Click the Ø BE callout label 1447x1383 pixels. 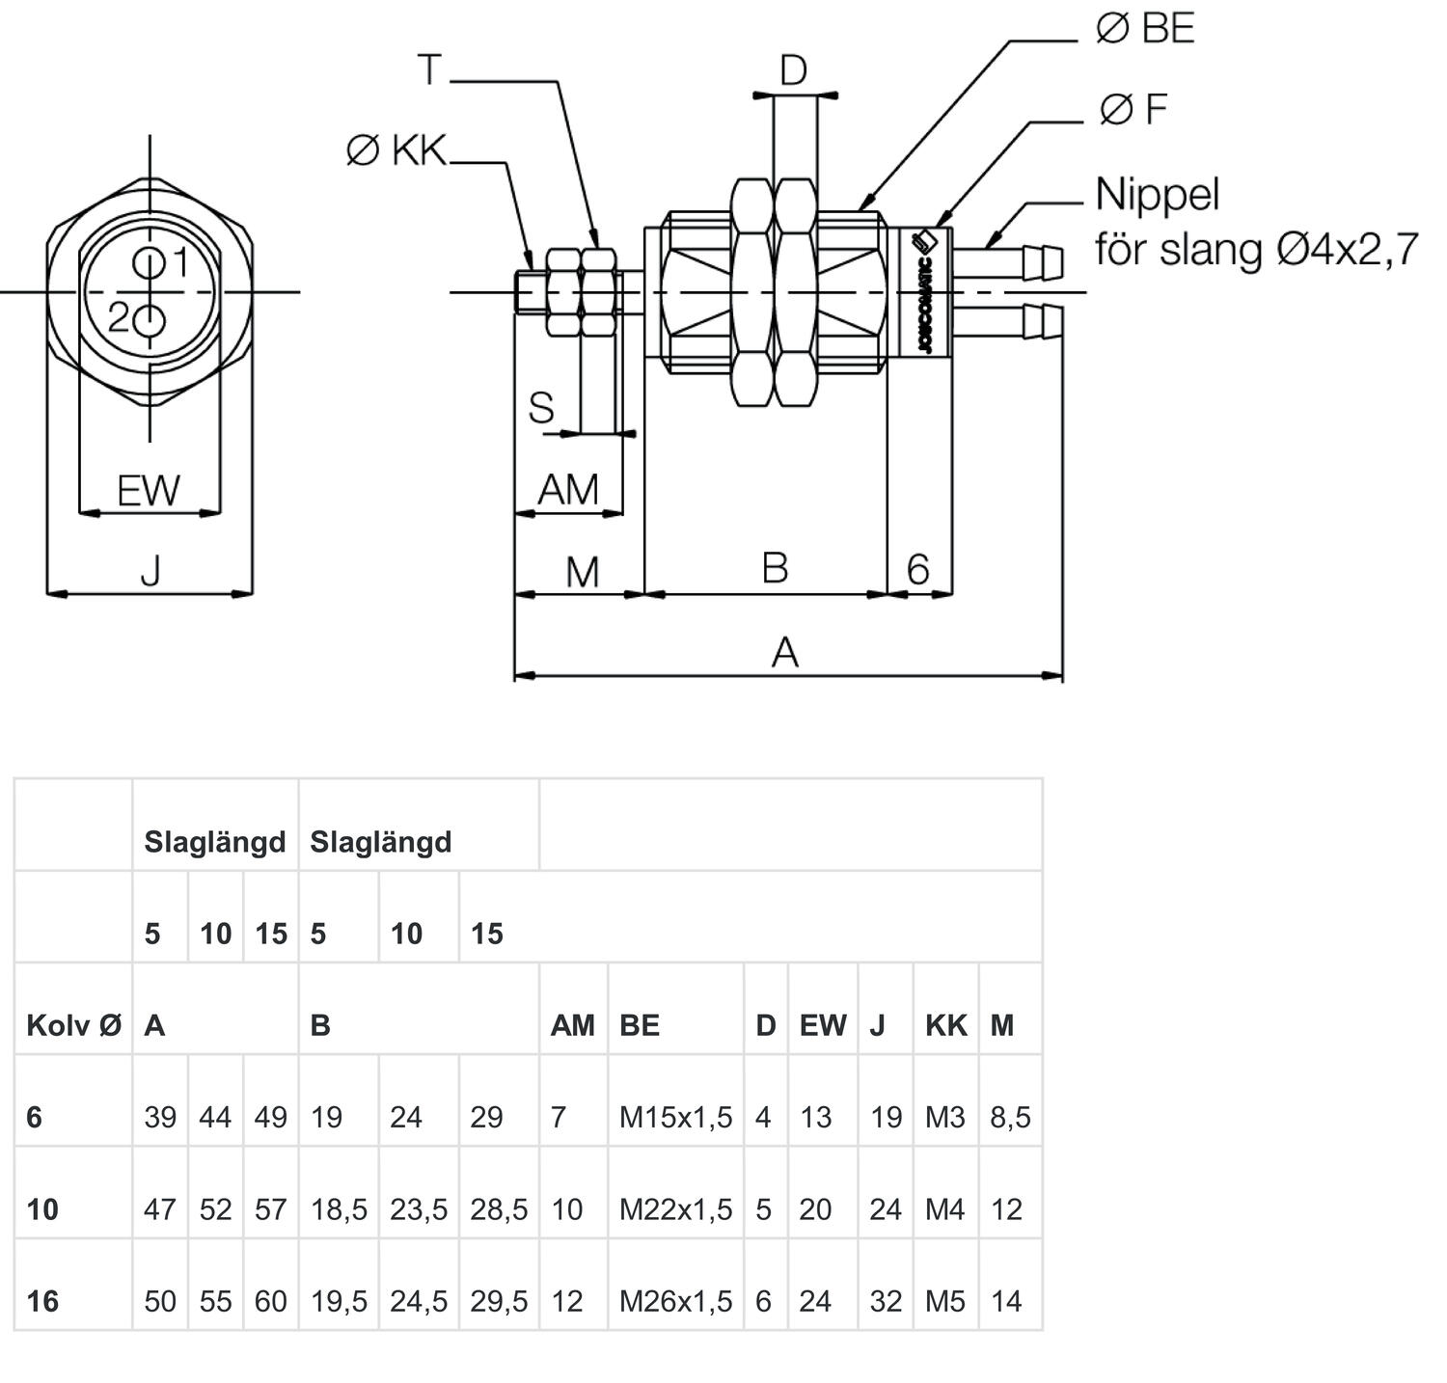[1145, 29]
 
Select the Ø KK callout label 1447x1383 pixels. [396, 150]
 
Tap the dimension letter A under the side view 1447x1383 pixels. [785, 653]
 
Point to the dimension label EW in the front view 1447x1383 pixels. [149, 491]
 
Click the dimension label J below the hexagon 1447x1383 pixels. [150, 572]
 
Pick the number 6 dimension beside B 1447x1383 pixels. [917, 570]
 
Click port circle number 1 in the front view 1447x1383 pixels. [150, 262]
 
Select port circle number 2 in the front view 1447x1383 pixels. [150, 321]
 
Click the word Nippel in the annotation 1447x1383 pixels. [1157, 195]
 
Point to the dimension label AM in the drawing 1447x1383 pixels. [567, 490]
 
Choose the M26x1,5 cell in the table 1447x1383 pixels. [675, 1301]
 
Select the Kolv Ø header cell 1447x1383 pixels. [73, 1025]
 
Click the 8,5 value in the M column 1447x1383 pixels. [1010, 1117]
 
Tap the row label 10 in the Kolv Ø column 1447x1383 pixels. [42, 1209]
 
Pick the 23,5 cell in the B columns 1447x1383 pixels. [419, 1209]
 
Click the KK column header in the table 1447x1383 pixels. [945, 1025]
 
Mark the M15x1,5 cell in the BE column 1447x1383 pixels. [675, 1117]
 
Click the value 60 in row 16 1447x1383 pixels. [270, 1301]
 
